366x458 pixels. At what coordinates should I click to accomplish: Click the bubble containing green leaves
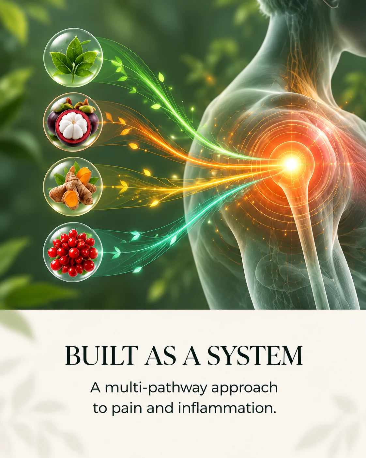click(x=73, y=58)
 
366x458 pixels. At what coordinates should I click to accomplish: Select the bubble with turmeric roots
click(x=73, y=187)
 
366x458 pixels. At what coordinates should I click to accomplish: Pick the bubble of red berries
click(x=73, y=252)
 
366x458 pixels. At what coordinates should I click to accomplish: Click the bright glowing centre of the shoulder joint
click(x=291, y=164)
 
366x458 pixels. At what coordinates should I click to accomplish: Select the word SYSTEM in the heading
click(x=255, y=355)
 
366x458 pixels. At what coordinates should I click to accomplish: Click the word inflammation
click(x=227, y=408)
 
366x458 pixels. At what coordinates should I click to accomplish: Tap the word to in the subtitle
click(x=100, y=409)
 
